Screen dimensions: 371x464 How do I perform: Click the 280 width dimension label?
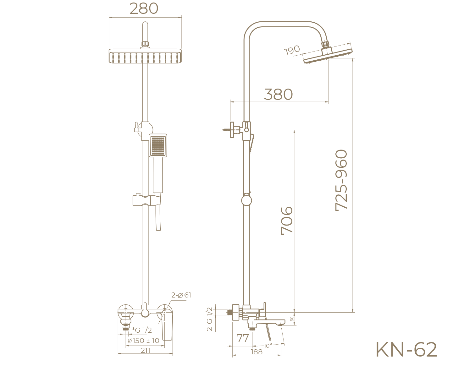144,8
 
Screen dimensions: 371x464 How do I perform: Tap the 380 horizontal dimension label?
278,94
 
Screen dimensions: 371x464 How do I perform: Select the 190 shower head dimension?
292,51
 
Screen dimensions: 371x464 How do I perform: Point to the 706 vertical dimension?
287,220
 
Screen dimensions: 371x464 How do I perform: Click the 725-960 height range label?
342,180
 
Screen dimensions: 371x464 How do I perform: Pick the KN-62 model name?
406,350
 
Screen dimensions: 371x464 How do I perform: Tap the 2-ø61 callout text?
181,295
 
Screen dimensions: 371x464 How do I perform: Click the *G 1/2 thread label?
142,330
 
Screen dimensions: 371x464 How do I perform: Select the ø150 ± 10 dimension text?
143,341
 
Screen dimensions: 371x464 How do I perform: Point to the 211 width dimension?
145,350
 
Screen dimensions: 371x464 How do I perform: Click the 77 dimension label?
243,338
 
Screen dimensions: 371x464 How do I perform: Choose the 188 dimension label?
257,352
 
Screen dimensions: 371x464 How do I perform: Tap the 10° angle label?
268,346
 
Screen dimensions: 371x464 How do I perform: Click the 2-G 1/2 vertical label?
210,319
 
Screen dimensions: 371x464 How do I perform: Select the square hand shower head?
158,145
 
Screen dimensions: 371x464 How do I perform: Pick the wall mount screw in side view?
227,129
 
